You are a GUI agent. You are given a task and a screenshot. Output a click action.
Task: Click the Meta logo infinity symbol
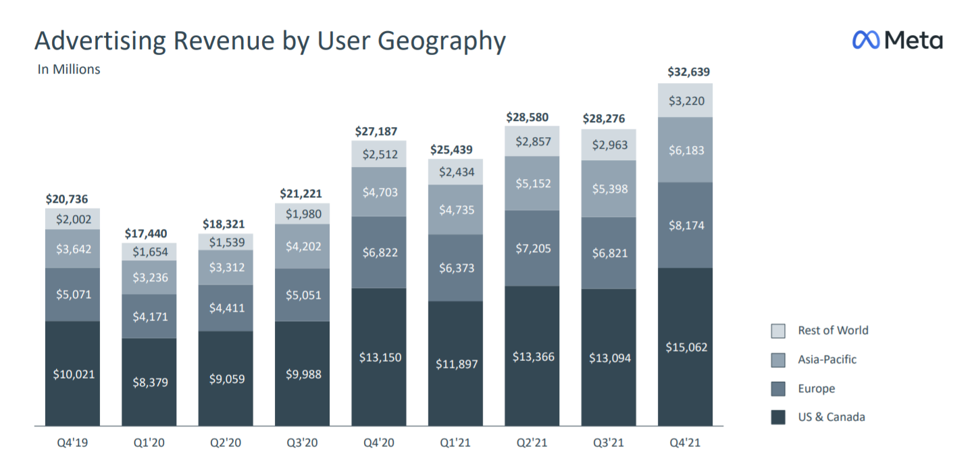click(866, 40)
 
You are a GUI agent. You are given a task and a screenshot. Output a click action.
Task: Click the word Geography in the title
click(441, 41)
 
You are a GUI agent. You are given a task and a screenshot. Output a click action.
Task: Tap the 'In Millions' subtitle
click(68, 69)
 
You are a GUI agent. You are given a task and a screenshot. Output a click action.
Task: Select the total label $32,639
click(688, 72)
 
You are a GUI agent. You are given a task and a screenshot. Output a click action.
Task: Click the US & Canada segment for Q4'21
click(685, 347)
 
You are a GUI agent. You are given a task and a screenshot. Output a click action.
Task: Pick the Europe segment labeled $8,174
click(685, 225)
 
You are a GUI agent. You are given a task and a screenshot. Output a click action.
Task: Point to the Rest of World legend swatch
click(778, 331)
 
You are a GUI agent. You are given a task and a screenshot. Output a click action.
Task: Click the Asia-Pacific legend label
click(827, 360)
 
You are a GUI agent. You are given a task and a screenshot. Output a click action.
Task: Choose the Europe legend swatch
click(778, 389)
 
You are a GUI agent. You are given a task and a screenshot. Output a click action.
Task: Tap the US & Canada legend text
click(831, 417)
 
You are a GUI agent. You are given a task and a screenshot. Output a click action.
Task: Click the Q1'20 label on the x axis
click(149, 443)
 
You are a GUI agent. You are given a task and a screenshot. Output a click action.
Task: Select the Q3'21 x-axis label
click(609, 443)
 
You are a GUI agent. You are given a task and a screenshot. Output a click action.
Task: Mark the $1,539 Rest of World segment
click(226, 242)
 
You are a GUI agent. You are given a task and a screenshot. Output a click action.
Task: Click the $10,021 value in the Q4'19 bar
click(72, 374)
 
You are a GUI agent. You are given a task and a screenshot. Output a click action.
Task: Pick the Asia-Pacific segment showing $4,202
click(302, 247)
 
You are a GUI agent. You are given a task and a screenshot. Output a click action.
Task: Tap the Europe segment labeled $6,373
click(455, 268)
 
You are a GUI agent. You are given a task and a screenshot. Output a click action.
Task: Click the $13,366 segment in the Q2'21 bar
click(532, 356)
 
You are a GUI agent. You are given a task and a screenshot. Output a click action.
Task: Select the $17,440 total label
click(148, 234)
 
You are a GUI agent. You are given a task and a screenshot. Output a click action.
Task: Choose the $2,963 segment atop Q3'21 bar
click(609, 145)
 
